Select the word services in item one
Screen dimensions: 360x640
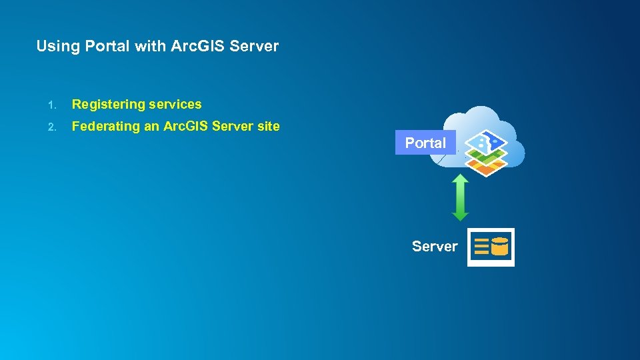[x=175, y=104]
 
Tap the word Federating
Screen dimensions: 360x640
[x=105, y=126]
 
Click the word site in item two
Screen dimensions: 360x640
[x=268, y=126]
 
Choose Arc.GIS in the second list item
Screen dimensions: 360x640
[x=189, y=126]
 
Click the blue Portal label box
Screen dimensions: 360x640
[x=425, y=143]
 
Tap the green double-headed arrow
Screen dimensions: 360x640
[x=460, y=197]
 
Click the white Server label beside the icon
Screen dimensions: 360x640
[x=435, y=247]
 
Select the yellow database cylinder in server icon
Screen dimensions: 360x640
[x=500, y=247]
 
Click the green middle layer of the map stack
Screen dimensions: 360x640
[x=485, y=158]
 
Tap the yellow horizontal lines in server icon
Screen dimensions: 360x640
[x=481, y=247]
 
